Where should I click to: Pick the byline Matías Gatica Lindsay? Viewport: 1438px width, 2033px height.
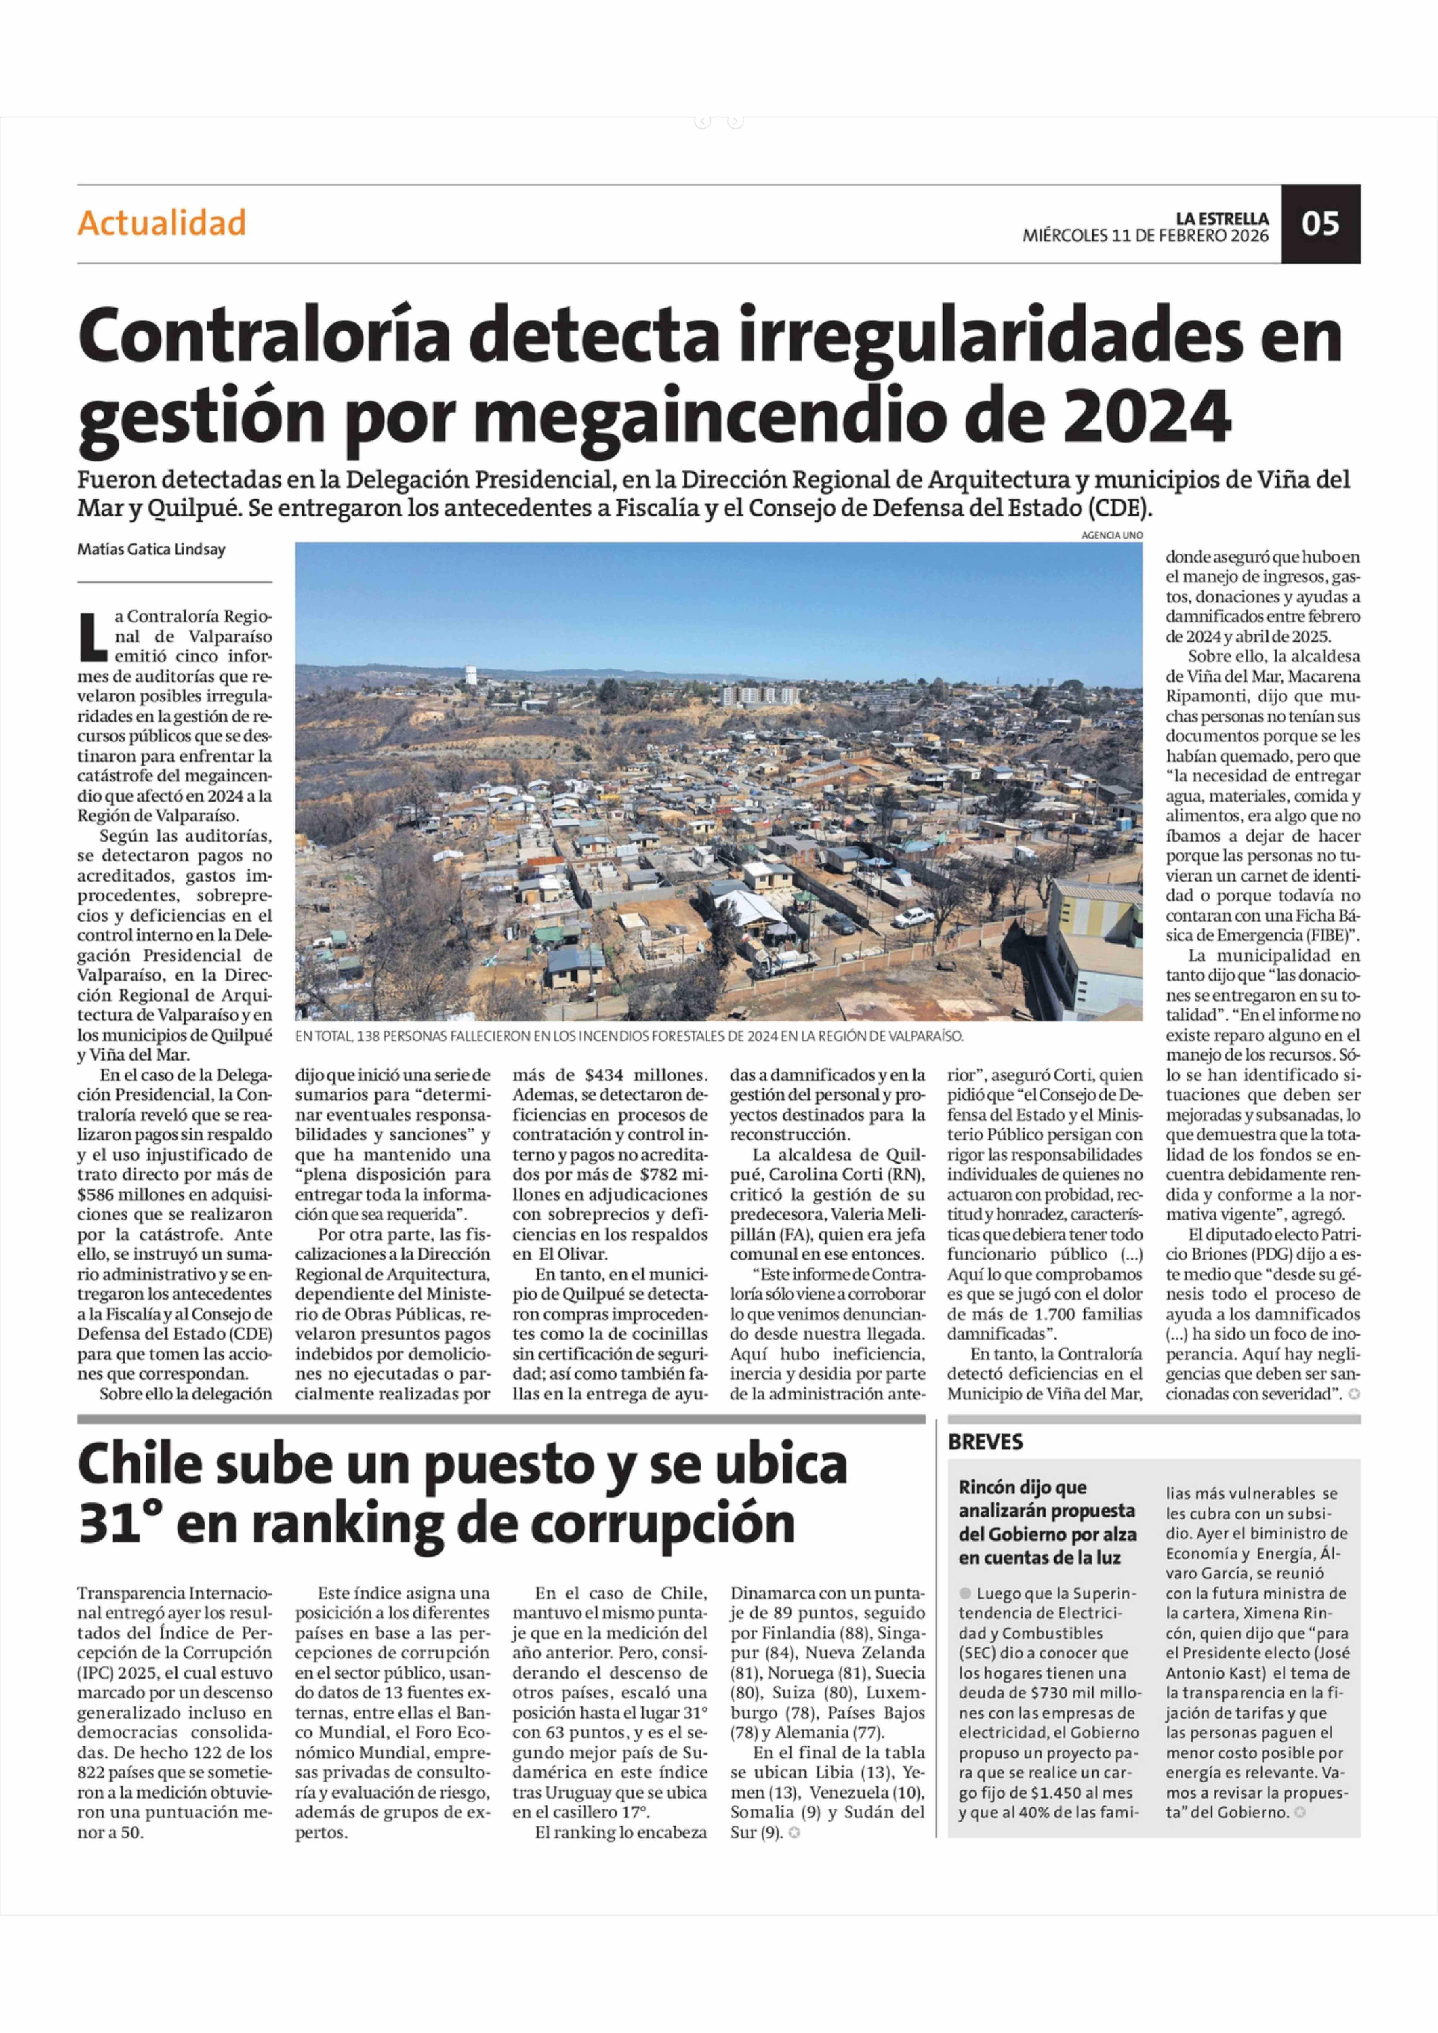(x=151, y=549)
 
